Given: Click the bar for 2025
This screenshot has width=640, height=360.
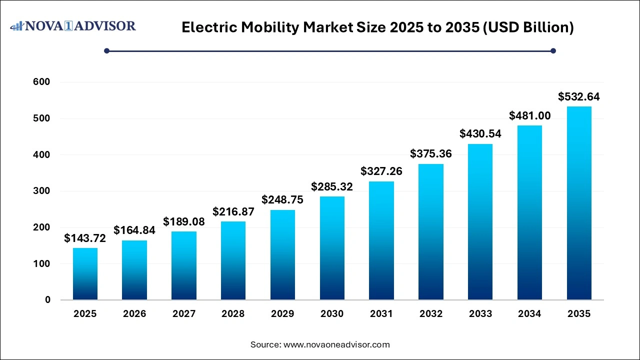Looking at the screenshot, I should point(85,274).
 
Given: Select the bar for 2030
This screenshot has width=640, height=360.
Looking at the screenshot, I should point(332,248).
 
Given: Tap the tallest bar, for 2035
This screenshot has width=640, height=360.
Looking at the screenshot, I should point(579,203).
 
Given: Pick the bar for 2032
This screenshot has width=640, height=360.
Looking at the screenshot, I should point(431,232).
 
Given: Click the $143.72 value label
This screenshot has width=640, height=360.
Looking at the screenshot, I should point(85,238).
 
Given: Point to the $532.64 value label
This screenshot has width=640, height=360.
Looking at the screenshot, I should point(579,97).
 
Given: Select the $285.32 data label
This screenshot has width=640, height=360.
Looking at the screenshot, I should point(332,187).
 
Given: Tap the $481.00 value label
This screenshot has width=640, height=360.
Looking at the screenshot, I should point(529,116).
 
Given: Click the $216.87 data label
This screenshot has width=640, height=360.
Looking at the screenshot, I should point(233,212).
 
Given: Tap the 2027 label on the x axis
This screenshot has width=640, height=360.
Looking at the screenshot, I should point(184,314).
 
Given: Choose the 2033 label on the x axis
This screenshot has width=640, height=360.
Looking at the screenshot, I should point(480,314).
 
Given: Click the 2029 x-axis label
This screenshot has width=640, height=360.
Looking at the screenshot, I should point(282,314).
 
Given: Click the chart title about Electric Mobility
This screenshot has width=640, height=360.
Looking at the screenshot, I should point(377,27).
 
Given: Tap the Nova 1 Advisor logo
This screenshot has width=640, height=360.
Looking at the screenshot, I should point(73,25).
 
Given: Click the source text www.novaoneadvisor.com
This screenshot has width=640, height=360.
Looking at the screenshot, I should point(320,344).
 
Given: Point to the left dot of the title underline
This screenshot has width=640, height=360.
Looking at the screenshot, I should point(106,50).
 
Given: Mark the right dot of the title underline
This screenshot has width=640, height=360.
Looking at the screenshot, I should point(553,50).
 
